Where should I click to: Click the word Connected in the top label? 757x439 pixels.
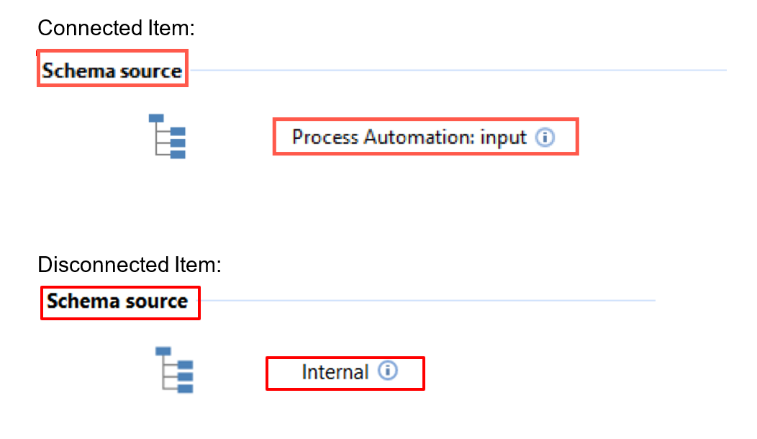[x=90, y=28]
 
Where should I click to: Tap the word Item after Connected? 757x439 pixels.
[x=171, y=28]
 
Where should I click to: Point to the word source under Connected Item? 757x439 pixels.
[x=150, y=71]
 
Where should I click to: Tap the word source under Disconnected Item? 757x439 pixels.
[x=156, y=302]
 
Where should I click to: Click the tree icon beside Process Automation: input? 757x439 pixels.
[x=167, y=136]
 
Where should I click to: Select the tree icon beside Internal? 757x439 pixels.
[x=174, y=370]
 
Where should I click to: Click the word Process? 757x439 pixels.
[x=325, y=137]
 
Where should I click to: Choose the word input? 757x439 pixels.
[x=503, y=139]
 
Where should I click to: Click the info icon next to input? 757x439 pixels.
[x=545, y=137]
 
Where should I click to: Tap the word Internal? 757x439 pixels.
[x=335, y=372]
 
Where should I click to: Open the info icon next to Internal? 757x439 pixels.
[x=388, y=371]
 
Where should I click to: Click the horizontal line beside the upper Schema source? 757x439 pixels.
[x=458, y=70]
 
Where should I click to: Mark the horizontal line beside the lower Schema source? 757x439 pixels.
[x=427, y=300]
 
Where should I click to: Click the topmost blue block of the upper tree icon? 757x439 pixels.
[x=156, y=118]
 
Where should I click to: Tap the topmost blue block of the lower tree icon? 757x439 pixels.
[x=163, y=351]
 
